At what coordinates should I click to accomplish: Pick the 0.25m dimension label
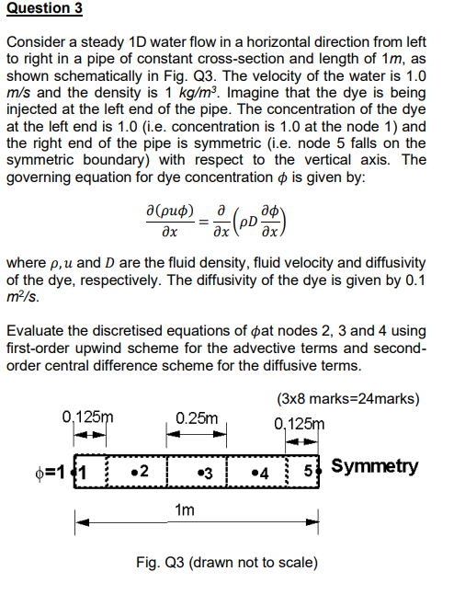click(x=198, y=419)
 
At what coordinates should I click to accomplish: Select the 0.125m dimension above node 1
click(x=92, y=415)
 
